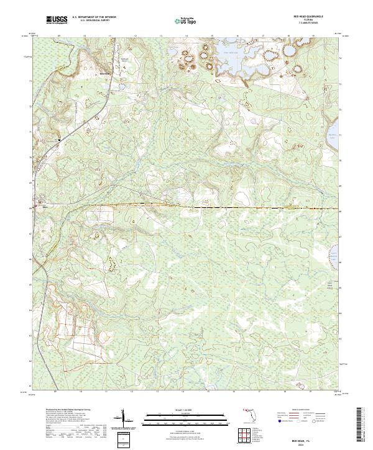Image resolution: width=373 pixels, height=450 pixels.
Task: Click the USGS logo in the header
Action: pyautogui.click(x=57, y=20)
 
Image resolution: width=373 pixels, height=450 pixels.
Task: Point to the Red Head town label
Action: pyautogui.click(x=104, y=73)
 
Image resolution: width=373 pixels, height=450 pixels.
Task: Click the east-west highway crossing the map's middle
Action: pyautogui.click(x=186, y=205)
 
